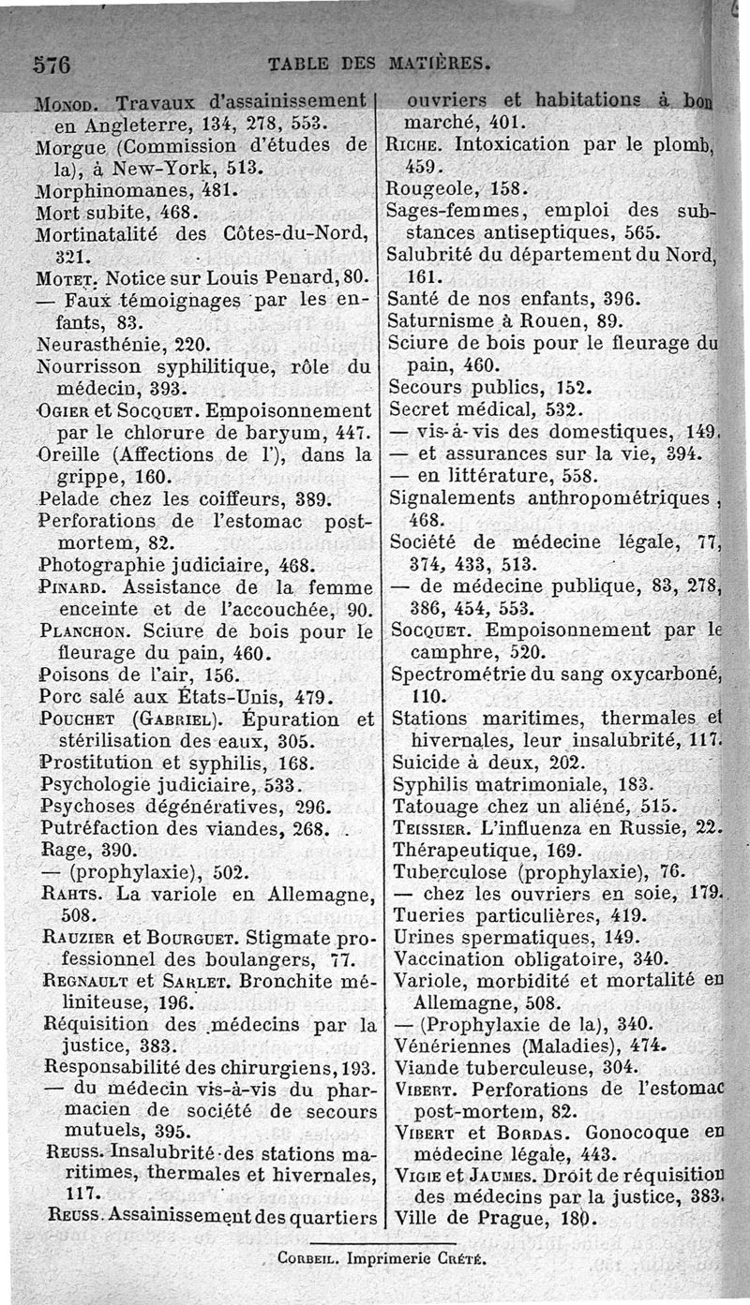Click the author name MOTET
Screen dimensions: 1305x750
click(66, 278)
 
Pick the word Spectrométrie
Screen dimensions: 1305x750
click(453, 675)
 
